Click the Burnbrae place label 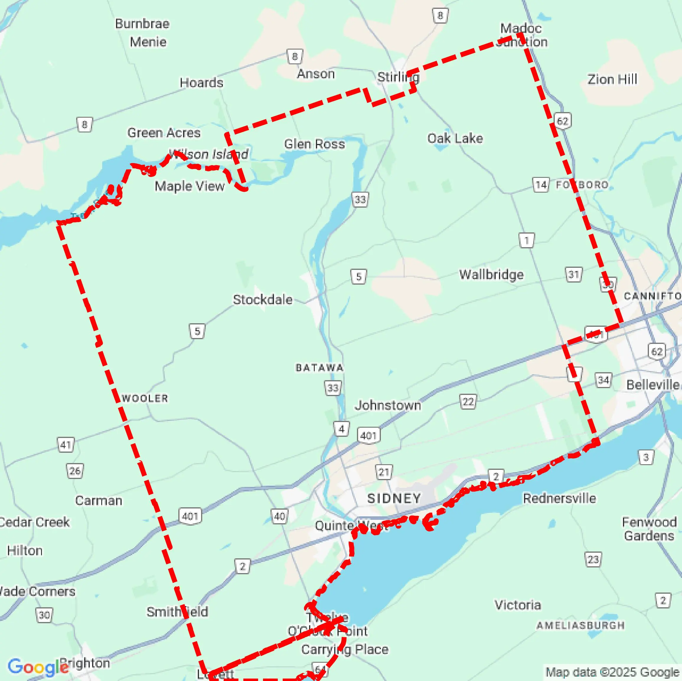click(x=142, y=24)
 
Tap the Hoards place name click(x=201, y=83)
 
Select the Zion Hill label click(x=612, y=79)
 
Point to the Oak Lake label click(x=455, y=138)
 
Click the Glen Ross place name click(x=314, y=144)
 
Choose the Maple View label click(x=190, y=186)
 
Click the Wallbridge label click(x=491, y=274)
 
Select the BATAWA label click(x=319, y=368)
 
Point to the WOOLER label click(x=145, y=398)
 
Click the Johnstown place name click(x=388, y=405)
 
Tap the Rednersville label click(x=559, y=498)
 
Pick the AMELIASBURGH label click(x=580, y=625)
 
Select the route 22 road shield click(x=468, y=401)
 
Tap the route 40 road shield click(x=279, y=517)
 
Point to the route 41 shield click(x=66, y=445)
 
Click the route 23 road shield click(x=593, y=559)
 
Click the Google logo click(x=38, y=667)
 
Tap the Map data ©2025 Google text click(x=613, y=672)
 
